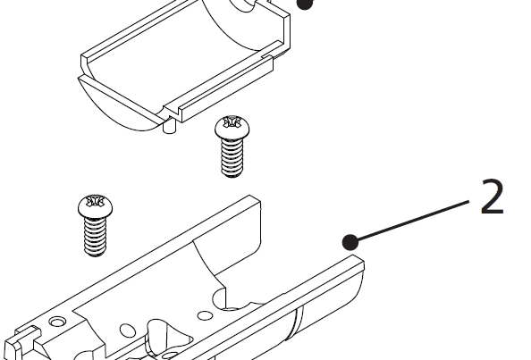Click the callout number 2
click(x=492, y=198)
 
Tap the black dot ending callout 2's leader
click(x=350, y=240)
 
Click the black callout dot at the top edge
click(x=307, y=4)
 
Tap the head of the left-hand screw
click(x=93, y=206)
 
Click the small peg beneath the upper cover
click(x=169, y=131)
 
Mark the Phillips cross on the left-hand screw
click(x=93, y=202)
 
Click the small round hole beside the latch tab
click(x=58, y=320)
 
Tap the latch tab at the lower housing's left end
click(x=20, y=344)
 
